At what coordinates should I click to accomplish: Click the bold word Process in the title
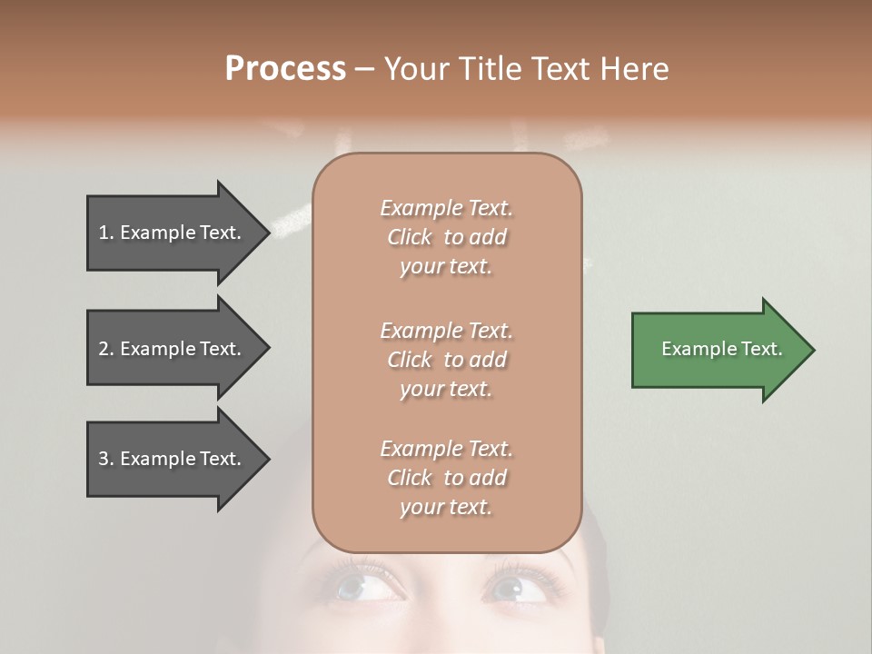pyautogui.click(x=285, y=69)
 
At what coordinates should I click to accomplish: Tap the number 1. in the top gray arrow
pyautogui.click(x=106, y=233)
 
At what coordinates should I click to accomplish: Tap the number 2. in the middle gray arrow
pyautogui.click(x=106, y=349)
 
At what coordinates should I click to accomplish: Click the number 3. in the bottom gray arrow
pyautogui.click(x=106, y=459)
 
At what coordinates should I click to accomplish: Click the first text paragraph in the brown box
pyautogui.click(x=446, y=237)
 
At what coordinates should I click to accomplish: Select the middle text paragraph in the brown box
pyautogui.click(x=446, y=360)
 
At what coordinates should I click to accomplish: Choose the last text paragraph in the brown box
pyautogui.click(x=446, y=478)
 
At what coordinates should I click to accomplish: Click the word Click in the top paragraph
pyautogui.click(x=410, y=237)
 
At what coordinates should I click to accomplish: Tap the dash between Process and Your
pyautogui.click(x=364, y=69)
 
